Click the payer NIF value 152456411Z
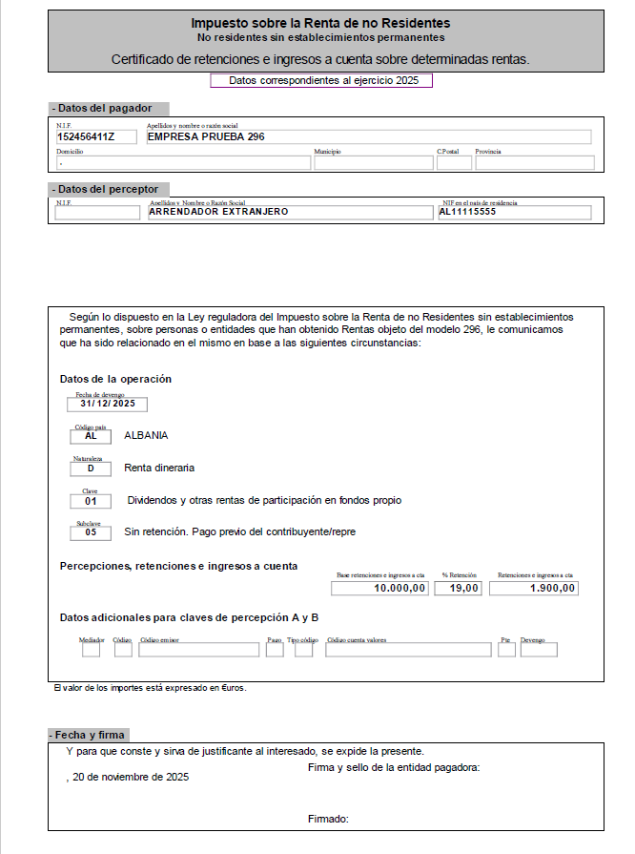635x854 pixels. coord(85,136)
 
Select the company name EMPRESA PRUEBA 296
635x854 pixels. coord(205,136)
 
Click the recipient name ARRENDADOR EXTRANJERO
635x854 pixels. coord(218,212)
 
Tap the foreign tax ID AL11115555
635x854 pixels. coord(467,212)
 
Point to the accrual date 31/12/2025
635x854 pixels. coord(107,404)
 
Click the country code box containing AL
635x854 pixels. coord(91,436)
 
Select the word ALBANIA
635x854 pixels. coord(146,435)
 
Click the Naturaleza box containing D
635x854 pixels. coord(91,469)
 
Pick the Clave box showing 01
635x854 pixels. coord(91,501)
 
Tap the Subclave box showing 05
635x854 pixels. coord(91,532)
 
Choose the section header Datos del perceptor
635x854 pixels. coord(104,189)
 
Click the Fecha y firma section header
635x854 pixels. coord(88,735)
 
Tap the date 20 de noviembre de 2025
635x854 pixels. coord(130,777)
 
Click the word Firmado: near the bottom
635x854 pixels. coord(328,819)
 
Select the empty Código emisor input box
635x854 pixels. coord(198,650)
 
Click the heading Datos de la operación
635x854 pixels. coord(115,379)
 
